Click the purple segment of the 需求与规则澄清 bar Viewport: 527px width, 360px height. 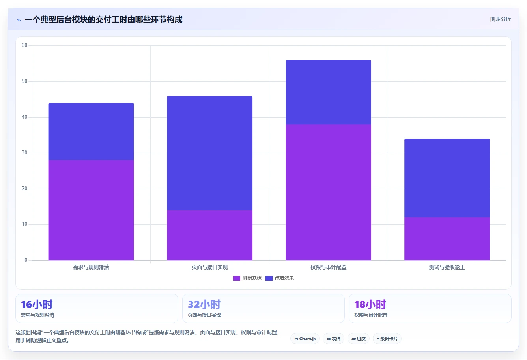coord(91,210)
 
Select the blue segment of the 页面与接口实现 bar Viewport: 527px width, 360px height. coord(209,153)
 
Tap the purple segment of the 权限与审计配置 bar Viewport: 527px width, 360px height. coord(329,192)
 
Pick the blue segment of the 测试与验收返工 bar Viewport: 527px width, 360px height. coord(447,178)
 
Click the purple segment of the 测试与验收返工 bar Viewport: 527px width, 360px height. coord(447,239)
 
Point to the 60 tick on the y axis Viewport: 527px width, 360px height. coord(24,45)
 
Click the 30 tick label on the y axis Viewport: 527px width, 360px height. coord(24,153)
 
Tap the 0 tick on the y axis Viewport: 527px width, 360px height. coord(26,260)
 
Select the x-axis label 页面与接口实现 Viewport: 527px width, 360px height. coord(209,267)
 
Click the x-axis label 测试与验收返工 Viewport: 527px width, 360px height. coord(447,267)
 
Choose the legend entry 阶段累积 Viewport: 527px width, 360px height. coord(247,278)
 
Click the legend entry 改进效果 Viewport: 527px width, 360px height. coord(280,278)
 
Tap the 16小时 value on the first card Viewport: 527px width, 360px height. coord(37,304)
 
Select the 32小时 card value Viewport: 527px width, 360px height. coord(204,304)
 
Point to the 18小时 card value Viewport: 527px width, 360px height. coord(370,304)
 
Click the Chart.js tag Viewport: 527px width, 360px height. coord(305,339)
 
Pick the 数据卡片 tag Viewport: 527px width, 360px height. coord(387,339)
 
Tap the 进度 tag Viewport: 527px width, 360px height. coord(358,339)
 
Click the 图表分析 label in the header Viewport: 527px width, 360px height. coord(500,19)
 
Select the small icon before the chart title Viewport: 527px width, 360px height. coord(19,20)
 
